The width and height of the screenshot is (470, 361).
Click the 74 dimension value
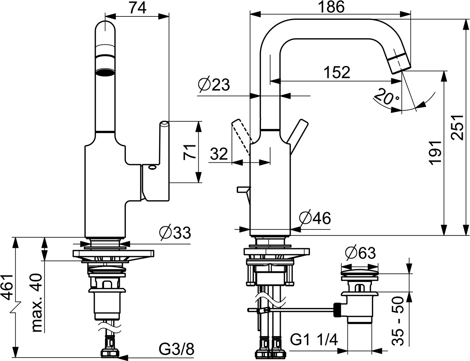click(x=138, y=8)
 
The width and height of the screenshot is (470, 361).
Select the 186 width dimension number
click(x=331, y=7)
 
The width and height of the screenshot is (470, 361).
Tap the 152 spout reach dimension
click(x=337, y=72)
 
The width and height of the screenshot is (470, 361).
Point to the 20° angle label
click(x=387, y=96)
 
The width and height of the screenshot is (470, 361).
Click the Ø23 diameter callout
click(x=214, y=84)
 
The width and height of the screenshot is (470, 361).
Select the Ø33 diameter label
click(x=175, y=233)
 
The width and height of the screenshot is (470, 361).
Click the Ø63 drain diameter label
click(x=360, y=253)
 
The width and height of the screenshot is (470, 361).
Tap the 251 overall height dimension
click(x=457, y=128)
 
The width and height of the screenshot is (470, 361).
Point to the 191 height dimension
click(x=435, y=153)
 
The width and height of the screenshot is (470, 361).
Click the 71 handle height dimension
click(x=190, y=152)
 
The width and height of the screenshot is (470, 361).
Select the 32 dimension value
click(x=219, y=154)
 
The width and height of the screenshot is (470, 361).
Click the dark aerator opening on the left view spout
click(x=105, y=72)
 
